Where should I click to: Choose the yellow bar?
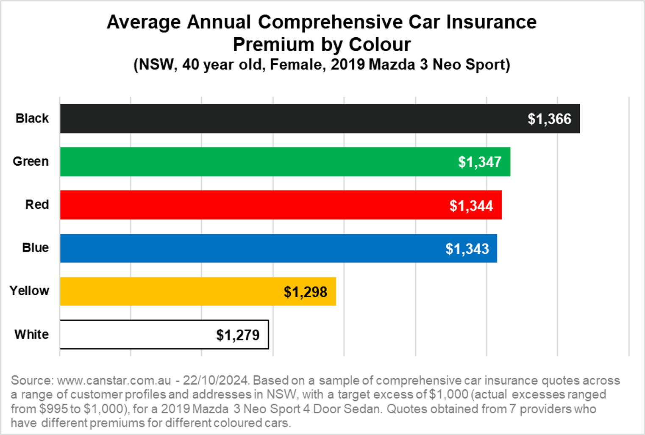(170, 291)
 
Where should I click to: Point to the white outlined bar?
(136, 335)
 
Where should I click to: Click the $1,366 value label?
(549, 119)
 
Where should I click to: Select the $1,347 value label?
(480, 162)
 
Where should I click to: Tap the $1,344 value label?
(471, 206)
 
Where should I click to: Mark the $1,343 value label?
(467, 249)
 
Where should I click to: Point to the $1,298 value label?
(306, 292)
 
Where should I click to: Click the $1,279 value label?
(238, 335)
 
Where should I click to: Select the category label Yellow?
(29, 291)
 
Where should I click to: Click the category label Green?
(31, 161)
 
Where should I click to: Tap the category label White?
(31, 334)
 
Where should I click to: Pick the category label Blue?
(35, 247)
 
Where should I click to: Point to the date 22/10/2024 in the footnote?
(216, 380)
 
